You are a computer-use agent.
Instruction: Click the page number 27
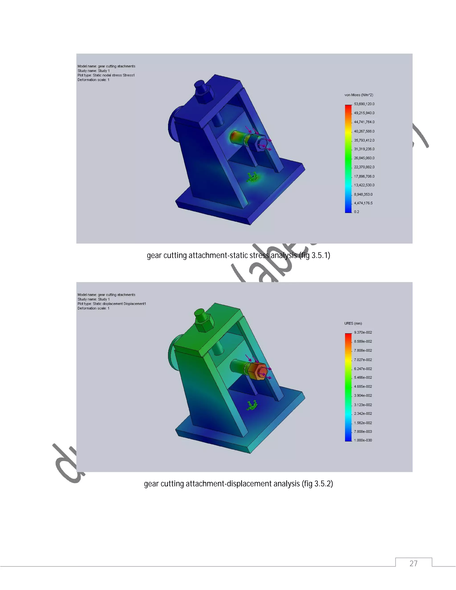[413, 563]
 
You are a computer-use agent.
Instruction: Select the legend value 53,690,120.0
[364, 104]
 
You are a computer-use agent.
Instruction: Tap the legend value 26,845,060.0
[364, 158]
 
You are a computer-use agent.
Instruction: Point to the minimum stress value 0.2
[357, 212]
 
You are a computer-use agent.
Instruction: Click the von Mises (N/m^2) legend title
[359, 95]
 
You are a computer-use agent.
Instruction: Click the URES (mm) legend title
[353, 323]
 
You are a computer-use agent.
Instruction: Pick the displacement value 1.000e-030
[363, 440]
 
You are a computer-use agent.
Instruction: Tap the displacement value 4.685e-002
[363, 387]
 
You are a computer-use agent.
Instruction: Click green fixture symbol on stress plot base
[252, 177]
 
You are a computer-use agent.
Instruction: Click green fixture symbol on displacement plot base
[252, 405]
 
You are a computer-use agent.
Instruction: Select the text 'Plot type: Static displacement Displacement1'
[112, 304]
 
